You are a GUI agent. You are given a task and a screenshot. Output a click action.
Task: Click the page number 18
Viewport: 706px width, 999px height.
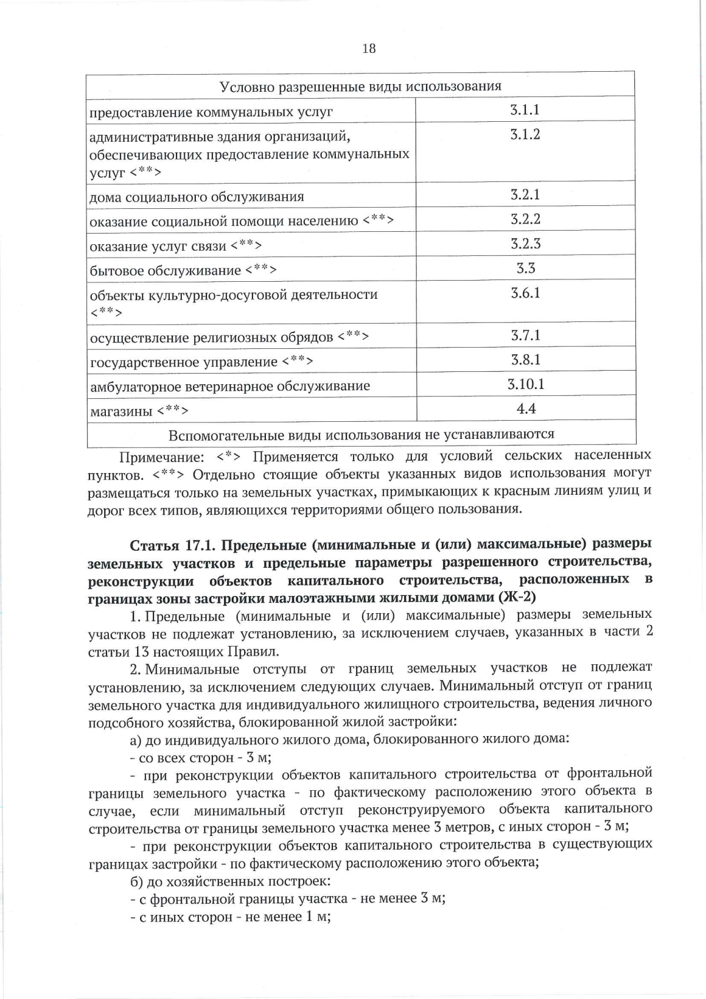(369, 49)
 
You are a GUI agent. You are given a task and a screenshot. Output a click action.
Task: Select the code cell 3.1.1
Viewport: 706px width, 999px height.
(525, 110)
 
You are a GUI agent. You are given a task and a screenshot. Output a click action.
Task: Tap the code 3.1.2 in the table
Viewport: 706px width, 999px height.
(525, 135)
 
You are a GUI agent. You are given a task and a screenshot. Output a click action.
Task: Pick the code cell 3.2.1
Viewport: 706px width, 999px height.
(525, 195)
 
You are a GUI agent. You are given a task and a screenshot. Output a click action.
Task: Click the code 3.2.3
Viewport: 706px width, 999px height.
(525, 244)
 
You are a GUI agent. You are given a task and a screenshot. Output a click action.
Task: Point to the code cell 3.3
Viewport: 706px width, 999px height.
(525, 268)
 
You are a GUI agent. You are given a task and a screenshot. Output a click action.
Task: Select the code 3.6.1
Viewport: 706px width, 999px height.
(525, 293)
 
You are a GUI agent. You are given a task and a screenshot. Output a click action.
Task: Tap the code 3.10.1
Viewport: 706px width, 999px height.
(525, 384)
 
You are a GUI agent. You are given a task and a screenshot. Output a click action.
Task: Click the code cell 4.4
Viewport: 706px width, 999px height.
(525, 408)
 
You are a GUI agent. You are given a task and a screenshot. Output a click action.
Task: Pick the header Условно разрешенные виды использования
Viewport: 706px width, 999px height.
(360, 86)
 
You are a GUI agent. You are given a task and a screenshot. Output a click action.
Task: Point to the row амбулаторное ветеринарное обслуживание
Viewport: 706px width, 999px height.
(230, 387)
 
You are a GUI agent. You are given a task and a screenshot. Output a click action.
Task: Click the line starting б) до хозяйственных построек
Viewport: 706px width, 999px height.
(230, 882)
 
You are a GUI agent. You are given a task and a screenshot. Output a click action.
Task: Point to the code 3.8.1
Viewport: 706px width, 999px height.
(525, 359)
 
